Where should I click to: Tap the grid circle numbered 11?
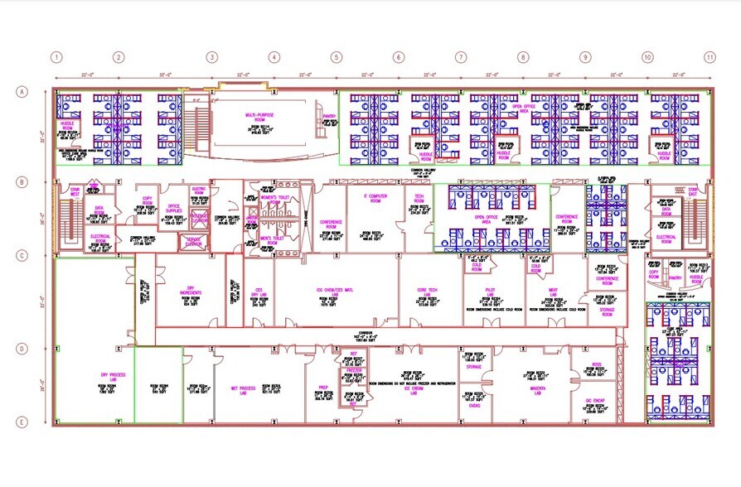tap(709, 57)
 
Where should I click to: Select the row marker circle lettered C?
tap(22, 256)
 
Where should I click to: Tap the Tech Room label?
tap(414, 200)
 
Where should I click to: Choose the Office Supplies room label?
tap(174, 208)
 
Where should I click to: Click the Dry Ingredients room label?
tap(191, 292)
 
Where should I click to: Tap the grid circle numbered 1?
tap(56, 57)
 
